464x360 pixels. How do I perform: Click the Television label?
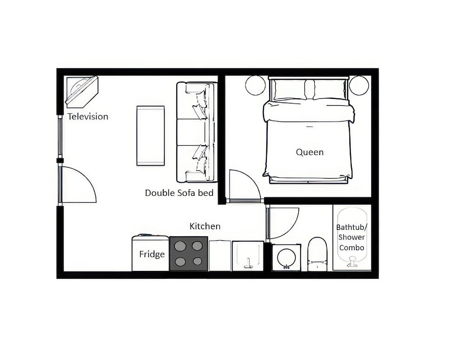tap(88, 116)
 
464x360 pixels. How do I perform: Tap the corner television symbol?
tap(81, 91)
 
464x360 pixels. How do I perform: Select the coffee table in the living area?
tap(150, 135)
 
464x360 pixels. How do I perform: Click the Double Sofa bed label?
tap(179, 193)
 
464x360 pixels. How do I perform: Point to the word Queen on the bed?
tap(309, 152)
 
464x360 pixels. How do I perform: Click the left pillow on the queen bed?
tap(288, 90)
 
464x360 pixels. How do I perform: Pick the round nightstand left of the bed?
tap(255, 85)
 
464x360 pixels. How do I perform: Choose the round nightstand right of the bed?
tap(359, 85)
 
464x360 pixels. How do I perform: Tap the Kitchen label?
tap(205, 226)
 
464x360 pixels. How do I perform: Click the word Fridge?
tap(152, 254)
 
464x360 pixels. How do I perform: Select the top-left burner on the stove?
tap(180, 246)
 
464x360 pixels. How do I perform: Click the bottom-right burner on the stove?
tap(198, 261)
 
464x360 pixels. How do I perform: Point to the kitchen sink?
tap(248, 256)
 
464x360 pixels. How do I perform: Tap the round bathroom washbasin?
tap(286, 257)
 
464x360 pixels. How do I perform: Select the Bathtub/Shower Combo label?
tap(351, 238)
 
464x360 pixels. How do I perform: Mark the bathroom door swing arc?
tap(284, 223)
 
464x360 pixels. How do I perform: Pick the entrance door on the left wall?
tap(78, 185)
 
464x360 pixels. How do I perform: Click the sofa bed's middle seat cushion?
tap(193, 132)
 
